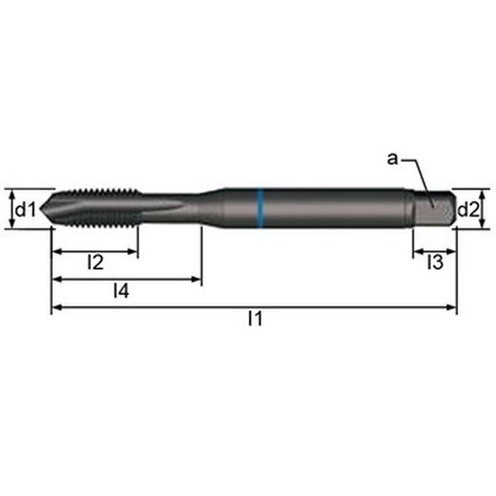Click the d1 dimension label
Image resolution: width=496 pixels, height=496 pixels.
(26, 209)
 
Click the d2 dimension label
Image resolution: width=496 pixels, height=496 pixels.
(467, 209)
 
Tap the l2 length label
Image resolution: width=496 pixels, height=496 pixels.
(95, 262)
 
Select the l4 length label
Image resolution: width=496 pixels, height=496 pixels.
(121, 291)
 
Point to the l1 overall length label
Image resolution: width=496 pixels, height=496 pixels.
(255, 319)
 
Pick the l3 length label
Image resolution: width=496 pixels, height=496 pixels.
(435, 262)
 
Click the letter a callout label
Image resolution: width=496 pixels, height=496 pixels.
(392, 158)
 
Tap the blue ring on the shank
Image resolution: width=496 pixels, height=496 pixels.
(260, 208)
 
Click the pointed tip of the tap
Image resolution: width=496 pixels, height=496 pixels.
(41, 209)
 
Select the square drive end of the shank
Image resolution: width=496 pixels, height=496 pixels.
(434, 209)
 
